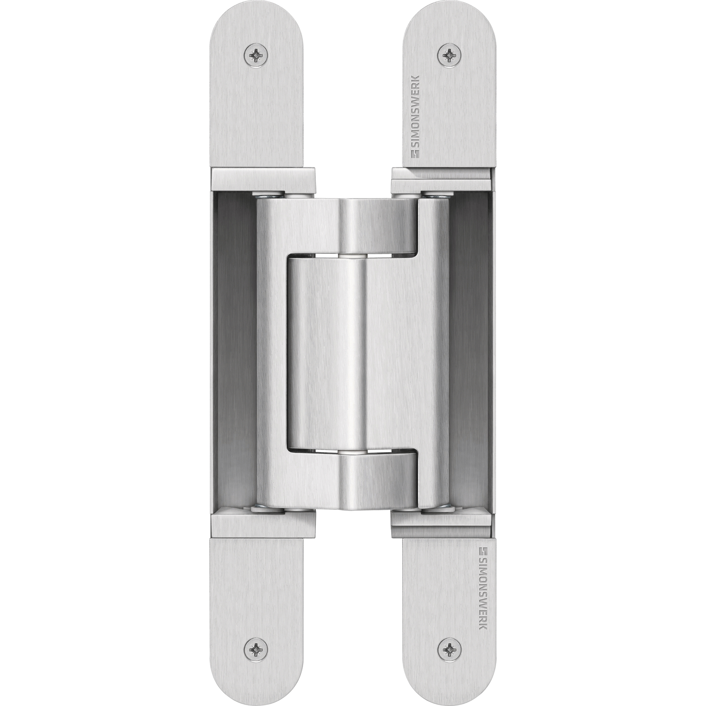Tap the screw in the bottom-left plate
[x=257, y=650]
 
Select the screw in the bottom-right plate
[x=449, y=650]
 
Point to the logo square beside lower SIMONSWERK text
[x=481, y=550]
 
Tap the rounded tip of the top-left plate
[x=256, y=14]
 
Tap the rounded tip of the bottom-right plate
[x=449, y=692]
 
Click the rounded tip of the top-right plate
[x=449, y=14]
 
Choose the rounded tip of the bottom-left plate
[x=256, y=692]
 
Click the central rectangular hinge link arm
[x=325, y=353]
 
